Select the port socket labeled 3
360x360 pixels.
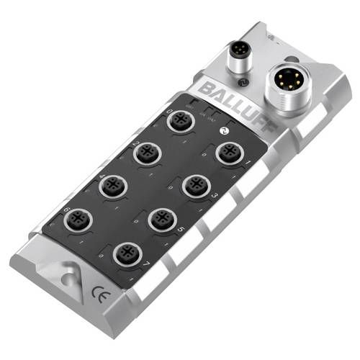194,184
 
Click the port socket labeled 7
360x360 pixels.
130,253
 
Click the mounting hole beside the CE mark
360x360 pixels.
69,273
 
